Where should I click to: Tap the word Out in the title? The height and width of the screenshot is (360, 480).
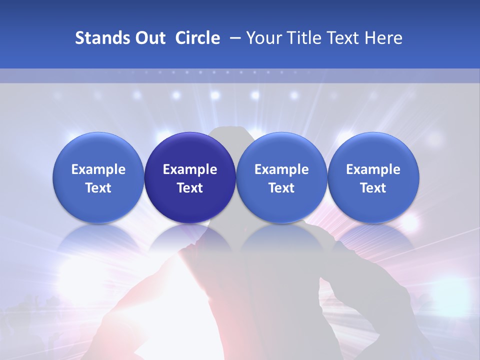point(149,38)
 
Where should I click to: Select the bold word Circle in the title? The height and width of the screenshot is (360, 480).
point(197,38)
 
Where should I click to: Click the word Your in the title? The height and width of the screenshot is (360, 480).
point(263,38)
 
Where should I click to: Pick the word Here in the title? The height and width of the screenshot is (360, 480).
point(383,38)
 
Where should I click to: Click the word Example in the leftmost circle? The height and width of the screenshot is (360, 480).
point(98,169)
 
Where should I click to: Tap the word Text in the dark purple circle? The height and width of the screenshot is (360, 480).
point(190,188)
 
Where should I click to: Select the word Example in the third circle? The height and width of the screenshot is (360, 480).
point(281,169)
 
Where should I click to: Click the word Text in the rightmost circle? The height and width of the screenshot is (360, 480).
point(373,188)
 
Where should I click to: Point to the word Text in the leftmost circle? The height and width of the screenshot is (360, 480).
point(98,188)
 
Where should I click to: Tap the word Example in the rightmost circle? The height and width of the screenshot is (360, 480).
point(373,169)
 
